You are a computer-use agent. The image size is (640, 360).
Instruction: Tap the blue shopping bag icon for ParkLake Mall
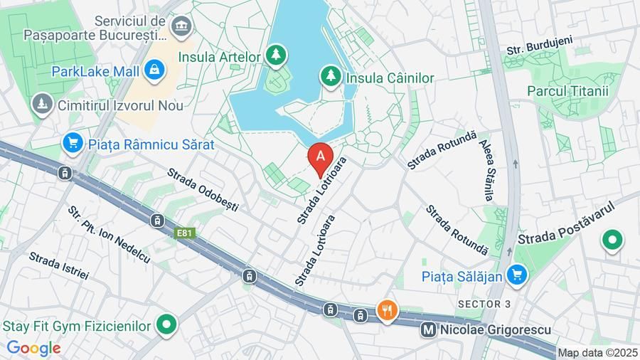pos(153,70)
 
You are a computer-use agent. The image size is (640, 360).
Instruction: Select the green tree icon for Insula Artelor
pos(276,54)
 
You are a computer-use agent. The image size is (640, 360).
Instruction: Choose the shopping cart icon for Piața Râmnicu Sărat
pos(72,142)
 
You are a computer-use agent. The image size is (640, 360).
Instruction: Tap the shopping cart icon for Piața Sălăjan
pos(517,275)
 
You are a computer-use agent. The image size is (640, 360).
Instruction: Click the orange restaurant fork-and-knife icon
pos(387,310)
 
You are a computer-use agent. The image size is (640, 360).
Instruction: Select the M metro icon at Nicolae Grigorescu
pos(428,330)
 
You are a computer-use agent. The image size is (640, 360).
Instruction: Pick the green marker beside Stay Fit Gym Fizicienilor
pos(166,325)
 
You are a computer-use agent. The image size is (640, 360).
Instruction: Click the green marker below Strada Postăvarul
pos(612,241)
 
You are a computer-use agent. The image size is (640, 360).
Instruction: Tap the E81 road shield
pos(185,233)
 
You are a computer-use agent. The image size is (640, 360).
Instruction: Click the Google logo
pos(33,348)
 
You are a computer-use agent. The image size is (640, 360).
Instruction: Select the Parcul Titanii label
pos(567,91)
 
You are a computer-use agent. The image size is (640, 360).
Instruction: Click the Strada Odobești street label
pos(203,190)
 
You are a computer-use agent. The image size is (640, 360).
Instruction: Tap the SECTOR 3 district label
pos(484,304)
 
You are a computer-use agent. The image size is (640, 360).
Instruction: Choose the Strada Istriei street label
pos(59,265)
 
